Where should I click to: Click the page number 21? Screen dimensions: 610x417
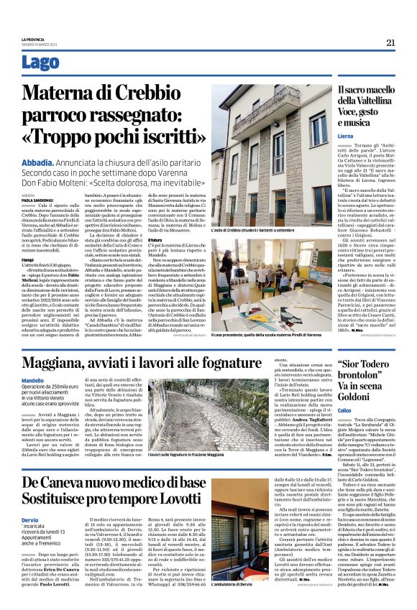pos(390,42)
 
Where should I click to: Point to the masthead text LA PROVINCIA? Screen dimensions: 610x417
pos(33,40)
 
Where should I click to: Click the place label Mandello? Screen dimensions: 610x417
pos(33,379)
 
